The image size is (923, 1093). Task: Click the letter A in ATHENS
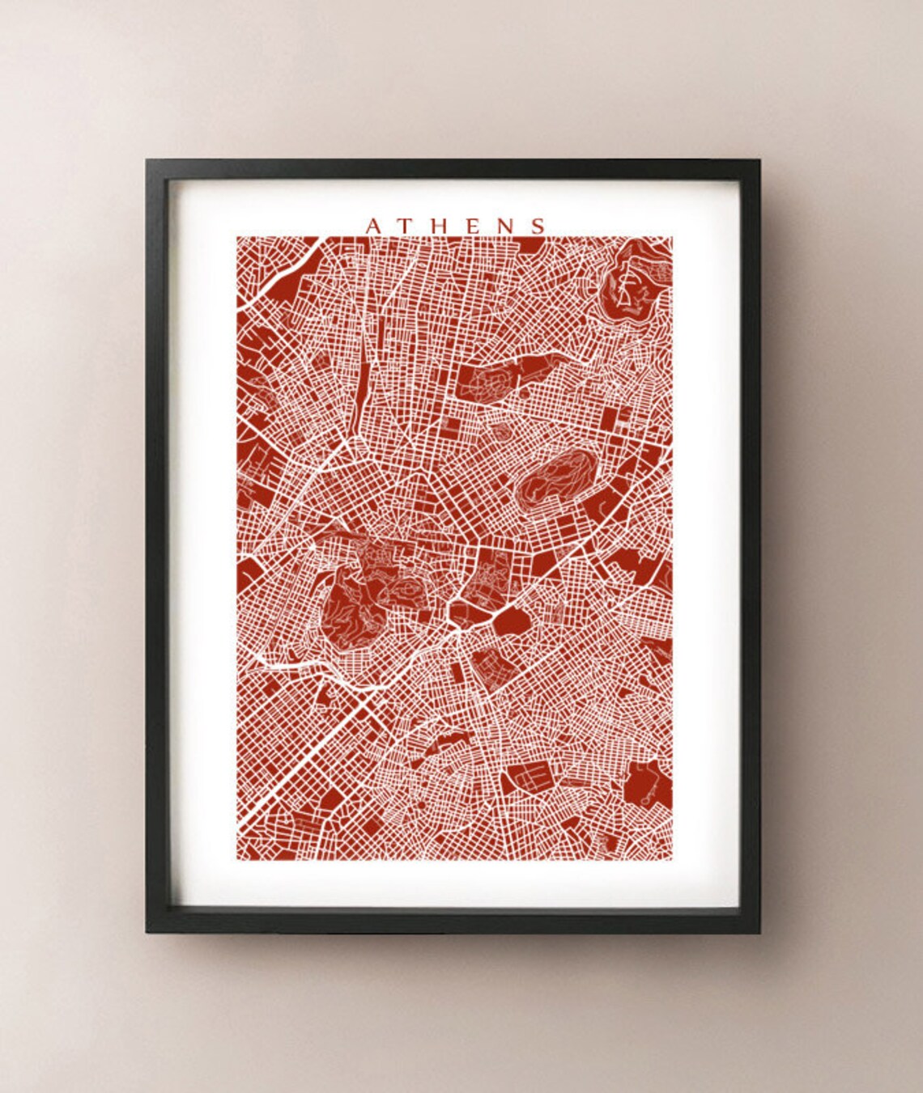373,226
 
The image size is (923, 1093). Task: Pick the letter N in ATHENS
504,226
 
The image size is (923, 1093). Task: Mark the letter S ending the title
537,226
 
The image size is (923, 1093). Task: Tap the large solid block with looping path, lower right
648,783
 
